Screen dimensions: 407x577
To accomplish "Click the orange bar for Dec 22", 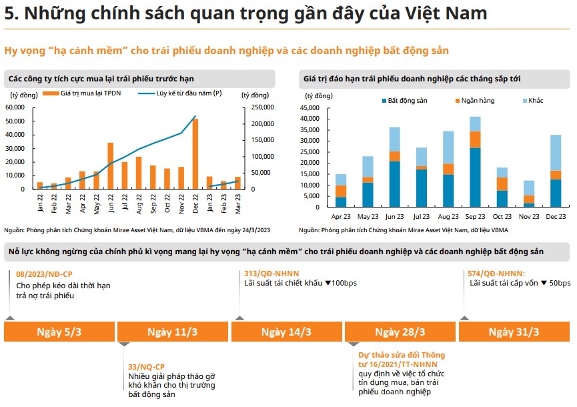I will click(x=195, y=154).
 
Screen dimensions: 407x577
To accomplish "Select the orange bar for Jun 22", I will click(x=110, y=166).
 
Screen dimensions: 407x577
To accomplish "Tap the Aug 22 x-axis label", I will click(x=139, y=201).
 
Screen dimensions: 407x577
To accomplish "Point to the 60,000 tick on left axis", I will click(x=15, y=107).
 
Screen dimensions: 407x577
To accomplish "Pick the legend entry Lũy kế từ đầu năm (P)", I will click(x=189, y=94).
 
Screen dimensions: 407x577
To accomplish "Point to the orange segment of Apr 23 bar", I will click(x=341, y=191).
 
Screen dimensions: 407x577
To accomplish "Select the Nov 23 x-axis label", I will click(x=530, y=216).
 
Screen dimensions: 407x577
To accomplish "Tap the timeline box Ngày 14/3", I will click(x=286, y=332).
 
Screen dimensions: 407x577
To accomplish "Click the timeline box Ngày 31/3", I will click(x=514, y=332).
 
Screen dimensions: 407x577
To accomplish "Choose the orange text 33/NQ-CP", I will click(x=147, y=366).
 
